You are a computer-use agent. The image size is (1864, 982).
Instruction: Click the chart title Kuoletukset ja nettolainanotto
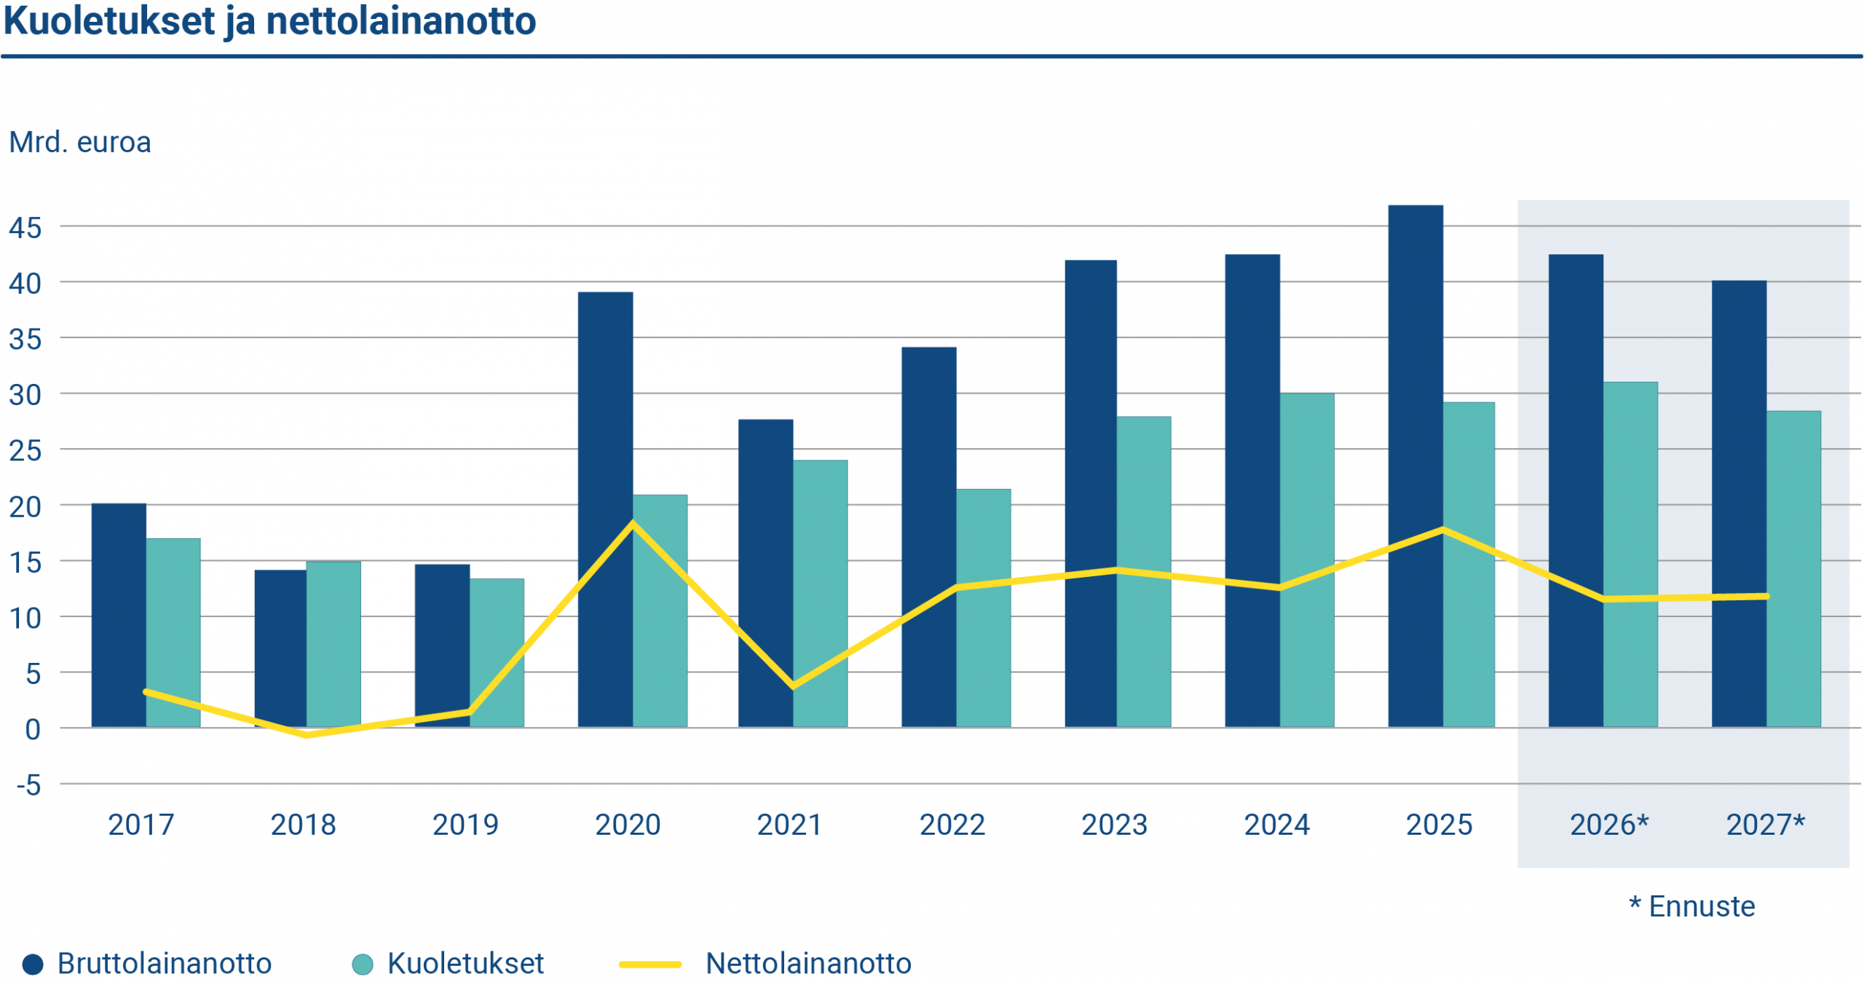269,22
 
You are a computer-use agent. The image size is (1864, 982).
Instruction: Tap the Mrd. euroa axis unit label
80,142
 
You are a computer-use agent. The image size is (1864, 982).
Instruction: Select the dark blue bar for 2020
605,437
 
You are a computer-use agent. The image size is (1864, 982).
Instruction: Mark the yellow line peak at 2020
633,523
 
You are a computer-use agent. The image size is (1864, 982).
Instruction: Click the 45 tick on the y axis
25,228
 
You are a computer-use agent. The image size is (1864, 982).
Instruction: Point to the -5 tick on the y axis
29,785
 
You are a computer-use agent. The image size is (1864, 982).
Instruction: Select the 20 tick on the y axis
25,507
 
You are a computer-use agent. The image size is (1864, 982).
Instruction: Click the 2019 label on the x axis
465,825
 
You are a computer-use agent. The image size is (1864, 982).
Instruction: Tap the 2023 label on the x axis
1114,825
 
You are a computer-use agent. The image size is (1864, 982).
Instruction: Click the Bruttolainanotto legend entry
164,964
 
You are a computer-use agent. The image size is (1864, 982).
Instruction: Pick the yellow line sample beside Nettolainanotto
649,964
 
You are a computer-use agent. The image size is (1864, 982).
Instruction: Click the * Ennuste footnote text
1692,907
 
